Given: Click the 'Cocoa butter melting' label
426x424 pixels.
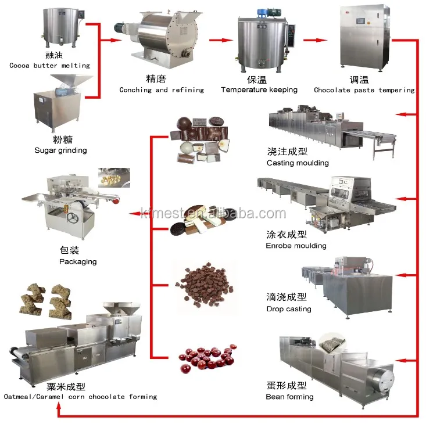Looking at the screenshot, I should point(49,66).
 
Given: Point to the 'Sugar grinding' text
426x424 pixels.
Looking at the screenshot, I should point(60,150).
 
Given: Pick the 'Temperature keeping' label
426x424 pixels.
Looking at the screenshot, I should point(259,90).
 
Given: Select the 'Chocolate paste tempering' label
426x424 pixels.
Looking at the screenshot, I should point(364,90).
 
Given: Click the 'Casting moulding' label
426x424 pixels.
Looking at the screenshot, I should point(298,163).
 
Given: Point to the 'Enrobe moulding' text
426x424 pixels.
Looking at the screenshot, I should point(296,246).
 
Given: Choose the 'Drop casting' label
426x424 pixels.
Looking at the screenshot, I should point(289,309).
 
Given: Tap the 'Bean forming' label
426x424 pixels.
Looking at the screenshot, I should point(289,397).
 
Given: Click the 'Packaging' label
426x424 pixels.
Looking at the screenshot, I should point(78,262).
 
